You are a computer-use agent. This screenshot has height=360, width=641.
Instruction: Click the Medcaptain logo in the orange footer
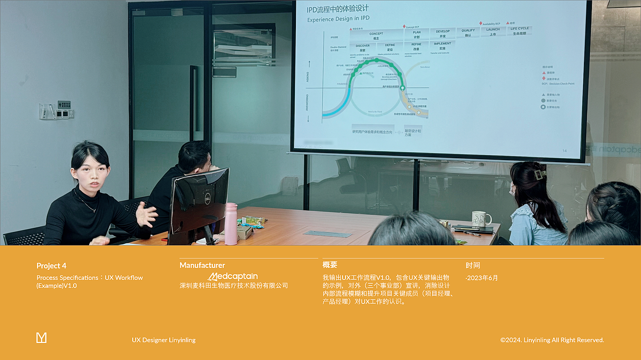233,276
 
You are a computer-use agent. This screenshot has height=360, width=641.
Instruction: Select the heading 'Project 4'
51,266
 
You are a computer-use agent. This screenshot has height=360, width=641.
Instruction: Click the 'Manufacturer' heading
202,265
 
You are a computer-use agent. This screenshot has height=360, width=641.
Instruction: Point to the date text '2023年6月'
482,278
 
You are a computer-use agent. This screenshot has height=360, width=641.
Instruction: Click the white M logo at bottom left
42,338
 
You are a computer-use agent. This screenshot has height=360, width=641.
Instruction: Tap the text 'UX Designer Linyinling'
164,340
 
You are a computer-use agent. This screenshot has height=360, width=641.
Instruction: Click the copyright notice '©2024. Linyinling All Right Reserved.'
552,340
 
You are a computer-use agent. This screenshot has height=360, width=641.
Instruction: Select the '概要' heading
330,265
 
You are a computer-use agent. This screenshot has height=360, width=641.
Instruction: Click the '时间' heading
473,265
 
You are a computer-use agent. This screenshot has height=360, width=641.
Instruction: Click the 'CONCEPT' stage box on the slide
376,36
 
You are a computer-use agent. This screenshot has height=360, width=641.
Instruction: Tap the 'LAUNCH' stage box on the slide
493,31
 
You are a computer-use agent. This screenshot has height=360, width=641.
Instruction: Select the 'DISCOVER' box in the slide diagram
363,48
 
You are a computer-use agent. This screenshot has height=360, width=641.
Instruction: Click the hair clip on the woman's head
539,174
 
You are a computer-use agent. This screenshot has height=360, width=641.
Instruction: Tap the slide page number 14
564,150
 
